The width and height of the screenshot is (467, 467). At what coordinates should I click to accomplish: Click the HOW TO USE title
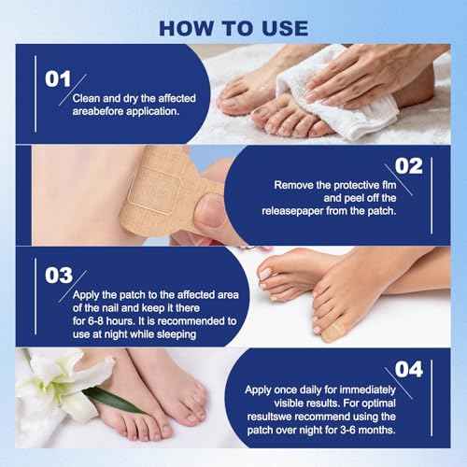233,24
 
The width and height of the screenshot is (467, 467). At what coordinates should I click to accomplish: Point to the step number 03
57,276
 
